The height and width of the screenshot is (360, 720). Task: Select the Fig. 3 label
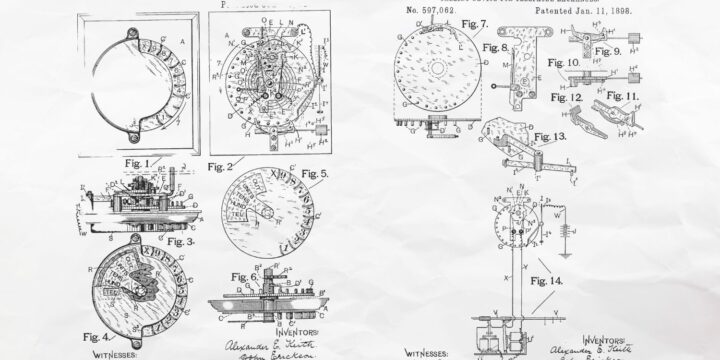(180, 241)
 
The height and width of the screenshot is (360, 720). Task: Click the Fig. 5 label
(316, 174)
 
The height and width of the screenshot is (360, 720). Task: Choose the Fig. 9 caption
(607, 50)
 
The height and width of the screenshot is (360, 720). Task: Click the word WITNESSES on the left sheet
(121, 353)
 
